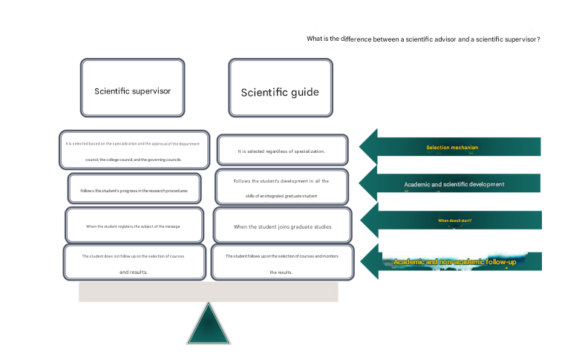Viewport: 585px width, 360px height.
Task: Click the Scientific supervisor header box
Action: [x=132, y=88]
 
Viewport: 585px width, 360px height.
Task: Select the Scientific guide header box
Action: [x=280, y=88]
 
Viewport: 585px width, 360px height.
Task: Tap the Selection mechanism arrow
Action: [x=452, y=147]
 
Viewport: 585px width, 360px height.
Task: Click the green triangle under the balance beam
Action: [x=208, y=326]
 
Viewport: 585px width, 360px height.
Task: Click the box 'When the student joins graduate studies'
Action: [x=282, y=226]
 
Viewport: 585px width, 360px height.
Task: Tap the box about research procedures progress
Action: [x=134, y=189]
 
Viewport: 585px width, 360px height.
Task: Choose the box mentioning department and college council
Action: [x=134, y=151]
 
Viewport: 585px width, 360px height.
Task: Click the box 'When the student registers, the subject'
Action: [x=134, y=225]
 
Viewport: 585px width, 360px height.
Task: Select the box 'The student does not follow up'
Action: [x=134, y=262]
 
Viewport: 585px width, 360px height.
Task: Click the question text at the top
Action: [x=423, y=39]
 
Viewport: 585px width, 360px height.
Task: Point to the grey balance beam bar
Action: [x=208, y=292]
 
